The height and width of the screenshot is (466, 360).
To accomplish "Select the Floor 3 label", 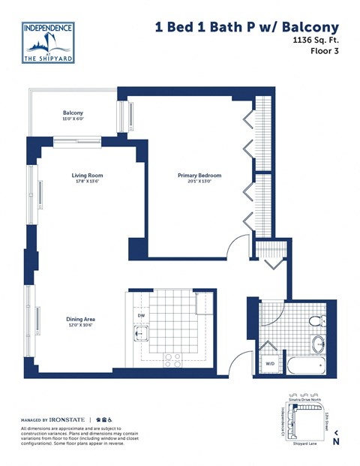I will coord(322,55).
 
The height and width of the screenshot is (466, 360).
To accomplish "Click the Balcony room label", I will coord(73,113).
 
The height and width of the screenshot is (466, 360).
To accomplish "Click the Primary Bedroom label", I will coord(199,176).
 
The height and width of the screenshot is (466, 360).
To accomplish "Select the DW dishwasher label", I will coord(140,316).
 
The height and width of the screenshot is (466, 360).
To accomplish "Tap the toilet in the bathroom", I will coord(316,322).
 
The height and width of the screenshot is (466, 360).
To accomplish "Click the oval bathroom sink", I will coord(318,346).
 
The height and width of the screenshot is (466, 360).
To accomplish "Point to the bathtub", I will coord(304,367).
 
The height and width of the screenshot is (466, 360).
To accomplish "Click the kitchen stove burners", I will coord(172,358).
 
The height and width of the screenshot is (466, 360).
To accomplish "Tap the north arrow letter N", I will coord(336,441).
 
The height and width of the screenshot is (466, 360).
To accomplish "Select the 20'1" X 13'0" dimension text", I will coord(199,182).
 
